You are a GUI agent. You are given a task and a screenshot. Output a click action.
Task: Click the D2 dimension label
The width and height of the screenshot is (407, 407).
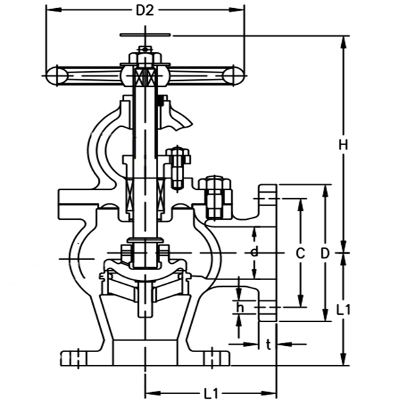pyautogui.click(x=145, y=10)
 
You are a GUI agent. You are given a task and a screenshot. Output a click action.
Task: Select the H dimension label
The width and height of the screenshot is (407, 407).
pyautogui.click(x=344, y=144)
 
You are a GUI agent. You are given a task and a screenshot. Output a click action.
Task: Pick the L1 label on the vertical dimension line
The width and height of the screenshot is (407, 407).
pyautogui.click(x=345, y=309)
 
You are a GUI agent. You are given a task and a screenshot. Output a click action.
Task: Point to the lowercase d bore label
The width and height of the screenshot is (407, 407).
pyautogui.click(x=254, y=252)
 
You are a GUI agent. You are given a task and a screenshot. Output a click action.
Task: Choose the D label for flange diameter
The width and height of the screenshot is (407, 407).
pyautogui.click(x=325, y=253)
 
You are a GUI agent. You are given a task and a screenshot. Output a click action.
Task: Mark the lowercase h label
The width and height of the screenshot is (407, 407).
pyautogui.click(x=239, y=307)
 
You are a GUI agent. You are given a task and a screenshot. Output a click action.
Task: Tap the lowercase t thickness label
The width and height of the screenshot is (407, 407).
pyautogui.click(x=269, y=345)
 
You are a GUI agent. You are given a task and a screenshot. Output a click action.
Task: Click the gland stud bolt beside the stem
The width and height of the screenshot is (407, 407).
pyautogui.click(x=178, y=166)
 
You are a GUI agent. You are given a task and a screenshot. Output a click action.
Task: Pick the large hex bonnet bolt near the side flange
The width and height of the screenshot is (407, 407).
pyautogui.click(x=216, y=197)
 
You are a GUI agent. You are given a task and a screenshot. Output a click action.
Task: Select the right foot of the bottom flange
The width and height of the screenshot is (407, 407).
pyautogui.click(x=214, y=357)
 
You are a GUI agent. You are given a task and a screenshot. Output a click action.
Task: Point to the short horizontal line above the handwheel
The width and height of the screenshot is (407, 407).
pyautogui.click(x=144, y=35)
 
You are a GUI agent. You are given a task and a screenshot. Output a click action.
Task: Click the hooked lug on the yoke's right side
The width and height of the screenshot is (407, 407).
pyautogui.click(x=178, y=119)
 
